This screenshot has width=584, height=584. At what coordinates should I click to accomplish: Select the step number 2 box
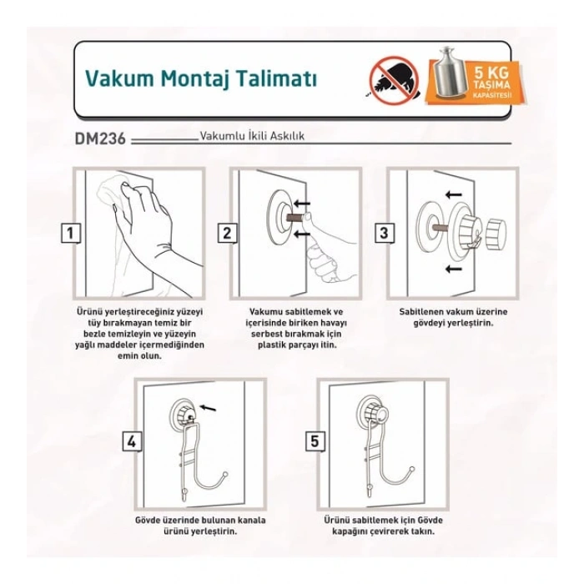(x=226, y=234)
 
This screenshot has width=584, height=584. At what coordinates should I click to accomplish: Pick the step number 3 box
(x=383, y=234)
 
